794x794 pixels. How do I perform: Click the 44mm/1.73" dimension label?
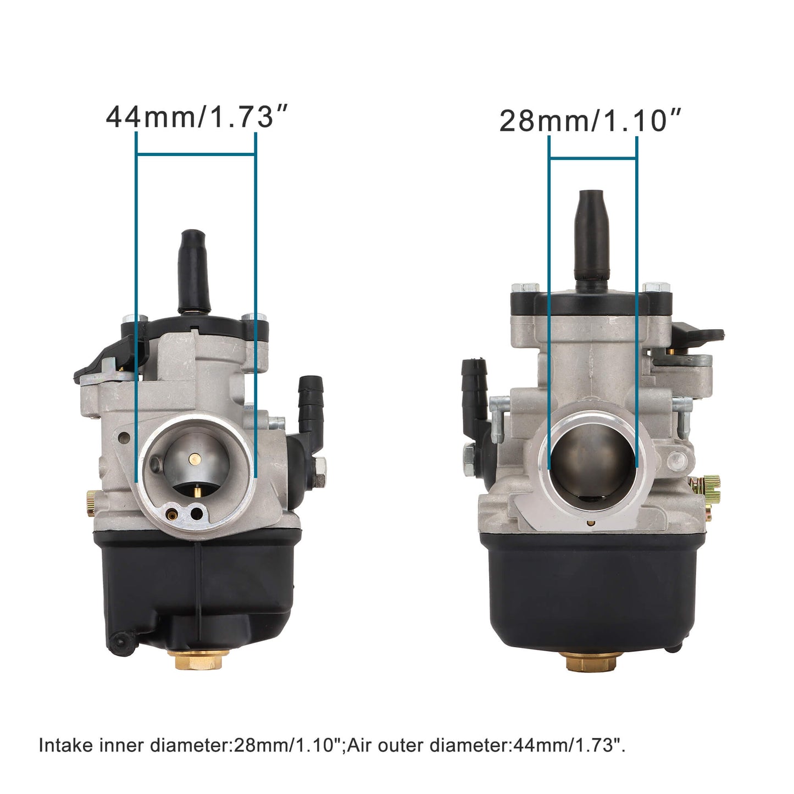click(197, 117)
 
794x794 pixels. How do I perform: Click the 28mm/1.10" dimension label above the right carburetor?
click(590, 121)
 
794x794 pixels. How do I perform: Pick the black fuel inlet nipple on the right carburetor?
click(475, 385)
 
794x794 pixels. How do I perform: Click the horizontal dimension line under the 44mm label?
click(196, 154)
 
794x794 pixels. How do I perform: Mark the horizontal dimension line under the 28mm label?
click(593, 159)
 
